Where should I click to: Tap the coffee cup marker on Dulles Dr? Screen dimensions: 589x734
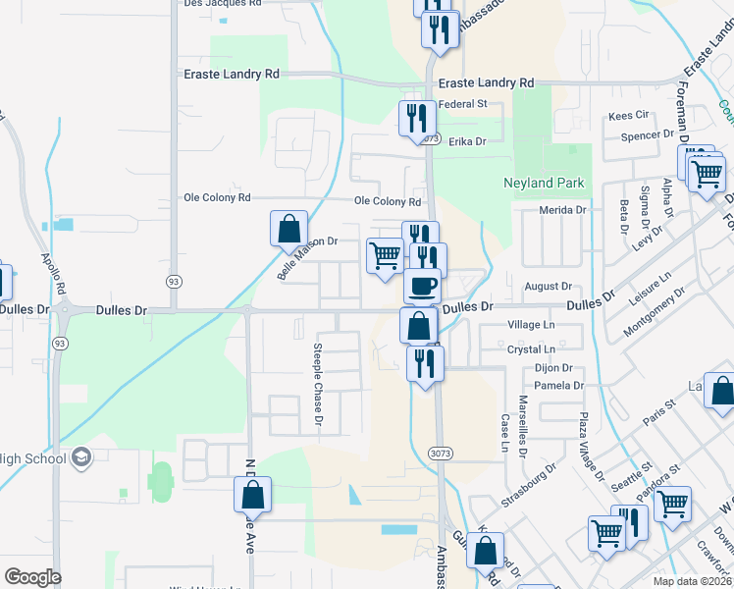click(422, 286)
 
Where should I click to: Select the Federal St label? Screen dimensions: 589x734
click(462, 104)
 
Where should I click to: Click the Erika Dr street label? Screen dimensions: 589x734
click(467, 141)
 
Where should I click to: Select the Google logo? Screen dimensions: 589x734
click(32, 576)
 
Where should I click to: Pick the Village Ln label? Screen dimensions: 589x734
click(531, 324)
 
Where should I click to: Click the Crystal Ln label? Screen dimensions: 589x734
click(532, 348)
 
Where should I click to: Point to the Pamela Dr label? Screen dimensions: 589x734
click(559, 386)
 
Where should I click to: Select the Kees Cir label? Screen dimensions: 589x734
click(629, 115)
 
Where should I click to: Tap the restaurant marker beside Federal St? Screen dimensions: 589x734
click(416, 119)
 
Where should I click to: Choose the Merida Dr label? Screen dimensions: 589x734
click(562, 210)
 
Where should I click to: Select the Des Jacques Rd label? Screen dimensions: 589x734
click(223, 4)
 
